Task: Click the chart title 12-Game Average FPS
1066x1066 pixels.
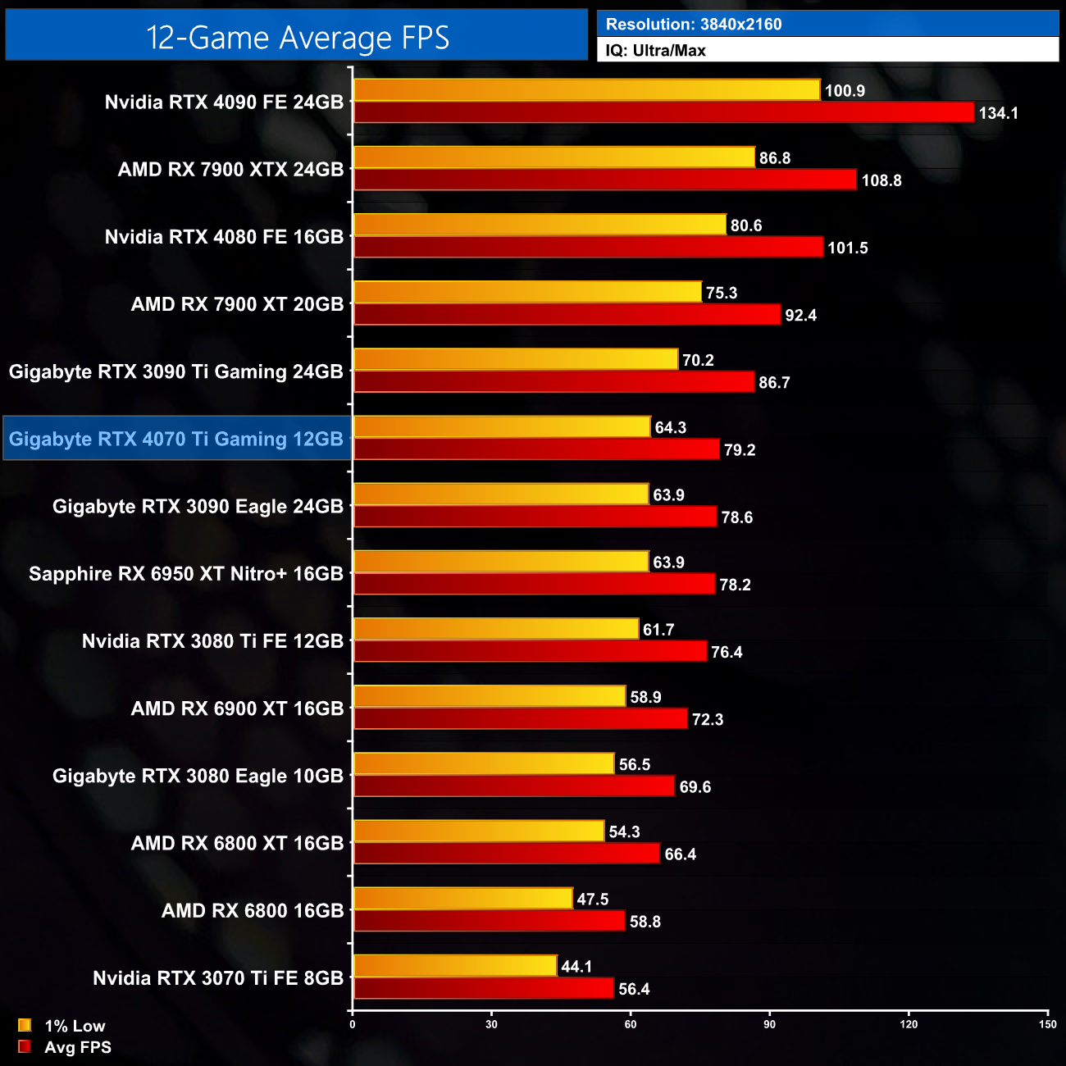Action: (x=297, y=37)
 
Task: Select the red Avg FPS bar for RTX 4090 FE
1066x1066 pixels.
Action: (x=663, y=112)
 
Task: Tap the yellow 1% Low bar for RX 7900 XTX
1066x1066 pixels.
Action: (x=553, y=157)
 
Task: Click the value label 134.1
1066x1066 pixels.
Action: (x=998, y=113)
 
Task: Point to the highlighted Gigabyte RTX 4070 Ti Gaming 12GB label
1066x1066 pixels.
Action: (x=176, y=439)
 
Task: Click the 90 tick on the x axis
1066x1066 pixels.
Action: (x=769, y=1023)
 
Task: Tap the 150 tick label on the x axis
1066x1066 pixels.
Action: (x=1047, y=1023)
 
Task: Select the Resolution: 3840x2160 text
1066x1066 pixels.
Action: (x=694, y=25)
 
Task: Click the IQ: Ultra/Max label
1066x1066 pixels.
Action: (x=655, y=51)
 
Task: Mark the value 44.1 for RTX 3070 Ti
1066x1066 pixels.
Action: (x=576, y=967)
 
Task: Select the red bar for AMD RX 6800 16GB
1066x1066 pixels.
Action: (x=489, y=921)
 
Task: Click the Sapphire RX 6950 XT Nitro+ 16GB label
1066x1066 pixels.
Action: (x=186, y=574)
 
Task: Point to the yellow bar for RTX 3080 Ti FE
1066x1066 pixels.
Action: (x=495, y=629)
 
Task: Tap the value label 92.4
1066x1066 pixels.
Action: (x=800, y=316)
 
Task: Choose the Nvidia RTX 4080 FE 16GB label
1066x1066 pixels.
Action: (x=224, y=237)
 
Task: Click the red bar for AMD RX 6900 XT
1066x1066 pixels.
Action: (x=520, y=719)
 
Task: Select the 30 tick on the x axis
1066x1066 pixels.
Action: (x=491, y=1023)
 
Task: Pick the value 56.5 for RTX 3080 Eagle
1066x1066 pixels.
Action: (x=634, y=765)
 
